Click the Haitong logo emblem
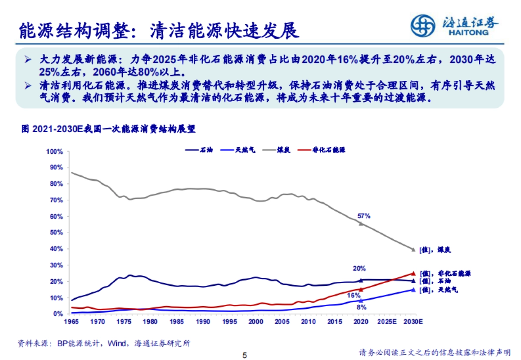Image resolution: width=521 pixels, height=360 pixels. coord(423,26)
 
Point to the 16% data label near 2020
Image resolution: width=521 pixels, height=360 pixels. coord(353,295)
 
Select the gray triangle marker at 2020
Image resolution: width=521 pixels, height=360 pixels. coord(360,223)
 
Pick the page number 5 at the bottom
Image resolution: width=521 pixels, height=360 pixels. coord(244,355)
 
